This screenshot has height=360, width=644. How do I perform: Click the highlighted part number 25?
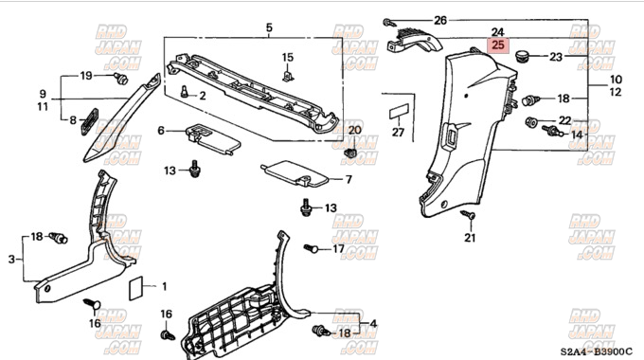pos(498,45)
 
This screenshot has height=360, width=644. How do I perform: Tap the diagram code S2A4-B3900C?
pos(597,351)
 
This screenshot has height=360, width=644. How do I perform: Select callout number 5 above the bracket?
pos(269,27)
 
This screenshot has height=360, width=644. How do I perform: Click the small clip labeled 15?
pos(288,75)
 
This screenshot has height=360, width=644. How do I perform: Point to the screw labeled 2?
pos(185,91)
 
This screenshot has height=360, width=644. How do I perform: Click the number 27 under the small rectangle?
pos(398,133)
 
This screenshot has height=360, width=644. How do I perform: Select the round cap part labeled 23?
pos(523,56)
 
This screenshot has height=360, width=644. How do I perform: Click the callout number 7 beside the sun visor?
pos(349,179)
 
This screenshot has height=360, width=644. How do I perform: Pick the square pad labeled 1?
pos(136,288)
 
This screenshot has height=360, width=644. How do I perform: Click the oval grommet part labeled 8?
pos(90,121)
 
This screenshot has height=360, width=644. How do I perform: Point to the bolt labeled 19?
pos(121,78)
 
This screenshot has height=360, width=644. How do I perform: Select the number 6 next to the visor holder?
pos(161,131)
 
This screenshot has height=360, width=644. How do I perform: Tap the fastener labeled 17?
pos(311,248)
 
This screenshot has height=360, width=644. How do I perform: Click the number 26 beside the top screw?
pos(440,20)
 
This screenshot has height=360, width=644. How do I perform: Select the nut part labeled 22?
pos(532,121)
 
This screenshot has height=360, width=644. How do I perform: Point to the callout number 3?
pos(11,260)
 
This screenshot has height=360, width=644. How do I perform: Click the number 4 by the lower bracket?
pos(373,323)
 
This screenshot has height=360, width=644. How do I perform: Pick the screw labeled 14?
pos(552,131)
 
